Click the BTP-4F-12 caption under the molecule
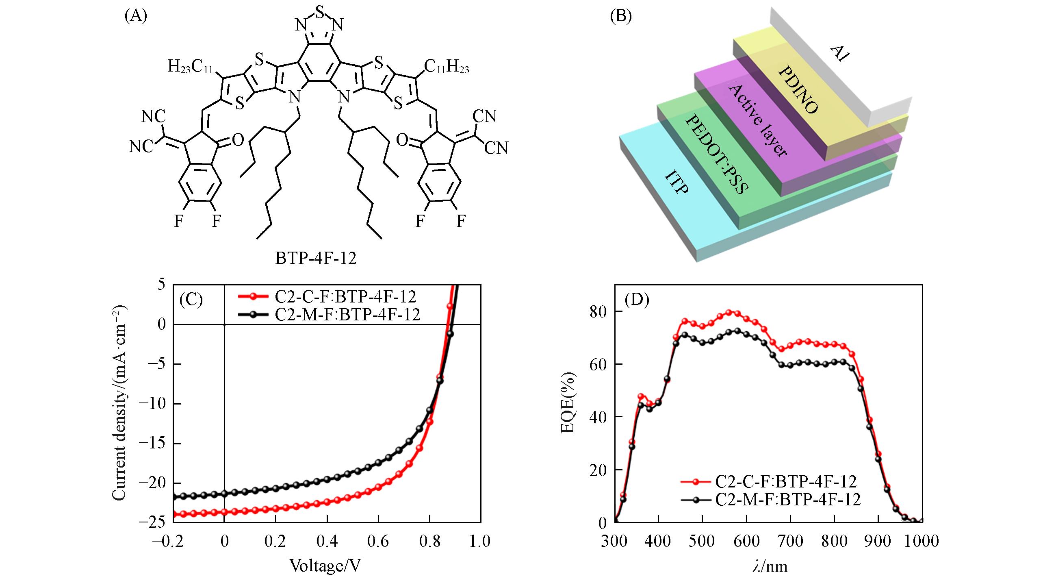point(316,258)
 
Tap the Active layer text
point(758,121)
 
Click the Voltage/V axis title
point(325,566)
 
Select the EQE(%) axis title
point(568,402)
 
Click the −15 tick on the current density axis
point(153,444)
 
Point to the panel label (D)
point(637,300)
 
